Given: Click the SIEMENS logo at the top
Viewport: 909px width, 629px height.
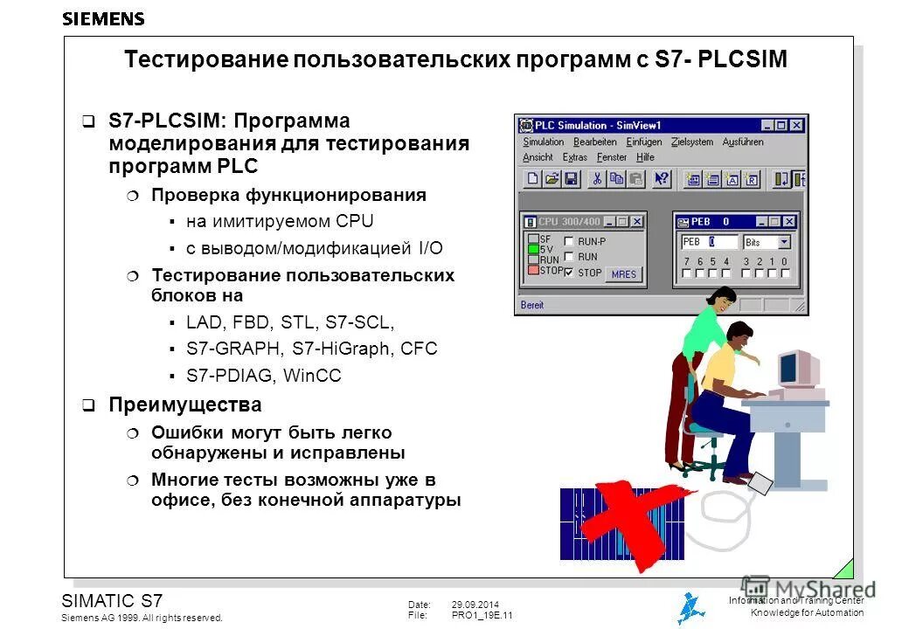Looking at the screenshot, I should [x=103, y=18].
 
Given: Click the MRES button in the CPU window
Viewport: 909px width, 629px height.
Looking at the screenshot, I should [x=624, y=274].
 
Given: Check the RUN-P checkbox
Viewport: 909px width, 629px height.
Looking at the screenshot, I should [x=569, y=241].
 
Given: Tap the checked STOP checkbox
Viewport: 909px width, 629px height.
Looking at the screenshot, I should [x=569, y=273].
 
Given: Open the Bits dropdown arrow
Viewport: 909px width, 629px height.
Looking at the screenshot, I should [x=784, y=242].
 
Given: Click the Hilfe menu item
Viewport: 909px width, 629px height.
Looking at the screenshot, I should [x=645, y=157].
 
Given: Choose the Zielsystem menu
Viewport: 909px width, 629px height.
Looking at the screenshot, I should [x=692, y=142].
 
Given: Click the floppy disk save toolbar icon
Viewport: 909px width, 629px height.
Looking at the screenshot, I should [x=571, y=179].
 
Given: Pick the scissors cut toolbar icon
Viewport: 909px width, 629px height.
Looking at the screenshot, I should [x=598, y=179].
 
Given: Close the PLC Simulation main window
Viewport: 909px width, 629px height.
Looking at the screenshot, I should [x=796, y=126].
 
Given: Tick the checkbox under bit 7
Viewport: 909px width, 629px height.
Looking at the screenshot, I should [x=687, y=273].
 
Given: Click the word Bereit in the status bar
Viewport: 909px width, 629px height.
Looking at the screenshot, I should [x=532, y=305].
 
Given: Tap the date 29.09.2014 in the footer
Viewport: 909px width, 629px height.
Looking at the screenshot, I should [x=475, y=605].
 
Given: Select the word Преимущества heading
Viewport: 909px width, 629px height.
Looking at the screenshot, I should [x=184, y=405].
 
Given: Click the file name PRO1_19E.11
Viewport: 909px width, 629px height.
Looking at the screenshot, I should [x=482, y=616].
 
